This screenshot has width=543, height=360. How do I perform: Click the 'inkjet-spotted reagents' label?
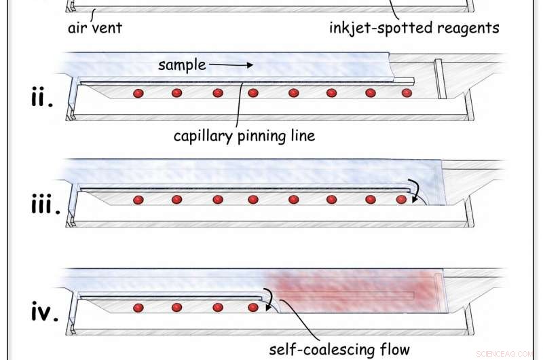tap(414, 29)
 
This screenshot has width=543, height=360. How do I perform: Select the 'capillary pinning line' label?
tap(244, 136)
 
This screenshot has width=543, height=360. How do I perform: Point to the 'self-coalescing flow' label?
tap(339, 350)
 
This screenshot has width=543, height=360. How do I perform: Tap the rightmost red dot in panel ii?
tap(407, 93)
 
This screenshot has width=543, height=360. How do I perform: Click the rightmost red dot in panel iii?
tap(401, 200)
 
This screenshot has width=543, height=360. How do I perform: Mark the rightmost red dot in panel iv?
tap(253, 308)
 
